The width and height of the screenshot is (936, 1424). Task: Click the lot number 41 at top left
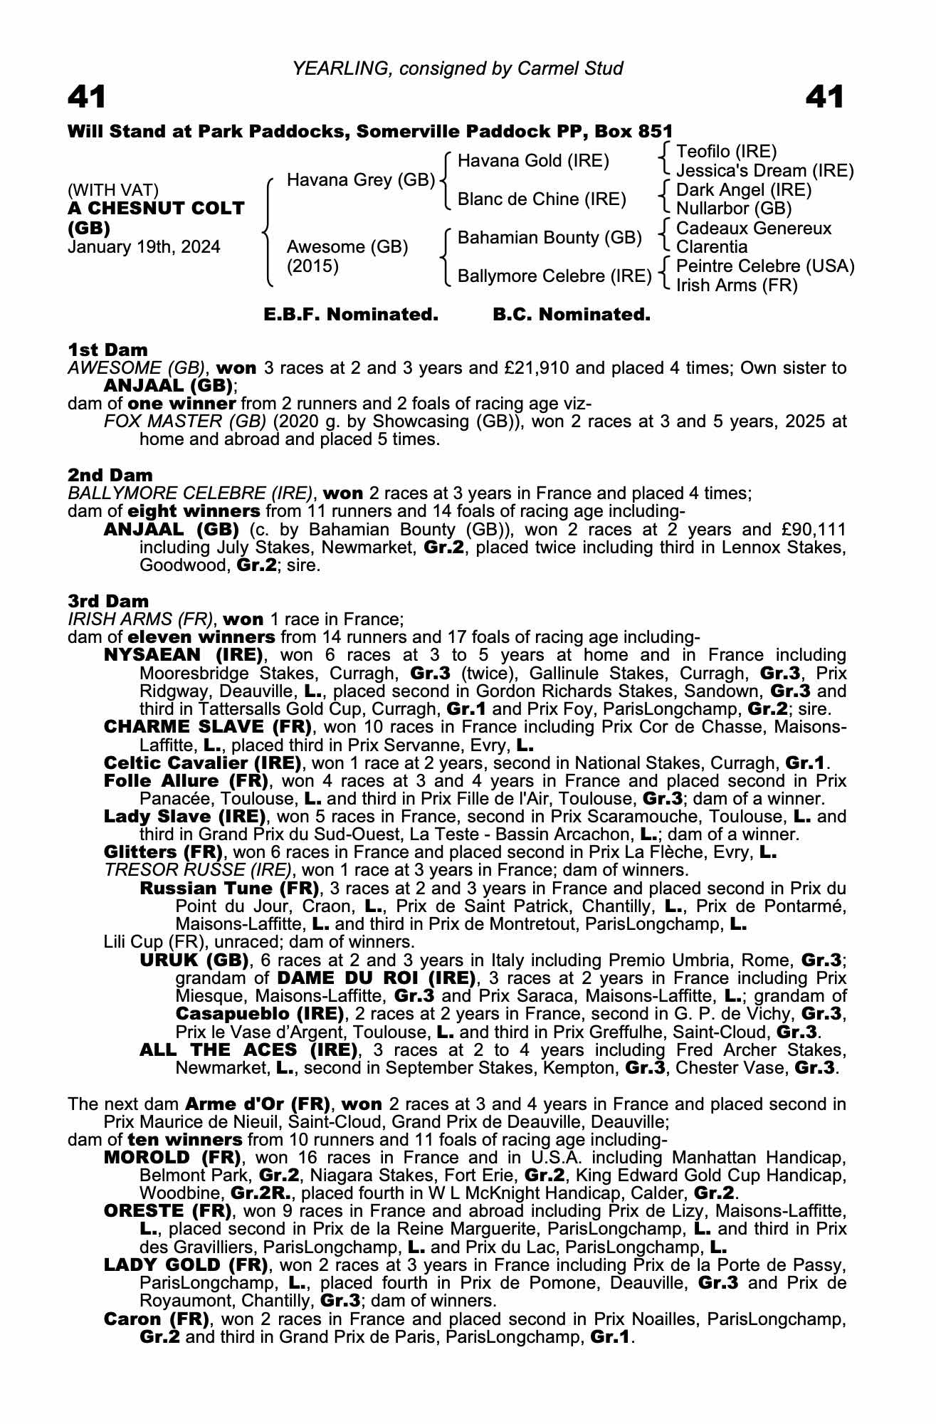87,97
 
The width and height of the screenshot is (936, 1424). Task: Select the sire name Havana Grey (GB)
360,180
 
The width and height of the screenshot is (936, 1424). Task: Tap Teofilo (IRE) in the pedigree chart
726,152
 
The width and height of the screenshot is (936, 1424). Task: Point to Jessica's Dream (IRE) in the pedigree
764,171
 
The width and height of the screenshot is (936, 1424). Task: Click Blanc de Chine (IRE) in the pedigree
542,199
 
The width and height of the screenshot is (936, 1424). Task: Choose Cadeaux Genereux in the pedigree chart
753,229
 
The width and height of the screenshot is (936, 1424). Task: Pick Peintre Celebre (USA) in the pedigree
765,266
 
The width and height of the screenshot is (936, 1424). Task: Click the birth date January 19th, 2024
144,248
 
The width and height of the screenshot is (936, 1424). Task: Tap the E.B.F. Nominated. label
351,315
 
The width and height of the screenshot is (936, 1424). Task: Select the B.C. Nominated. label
572,315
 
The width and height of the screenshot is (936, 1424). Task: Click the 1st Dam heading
108,350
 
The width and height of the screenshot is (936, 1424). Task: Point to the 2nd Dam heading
110,475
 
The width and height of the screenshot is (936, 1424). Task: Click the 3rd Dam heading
109,601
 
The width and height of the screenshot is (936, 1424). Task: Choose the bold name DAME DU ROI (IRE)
376,978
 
